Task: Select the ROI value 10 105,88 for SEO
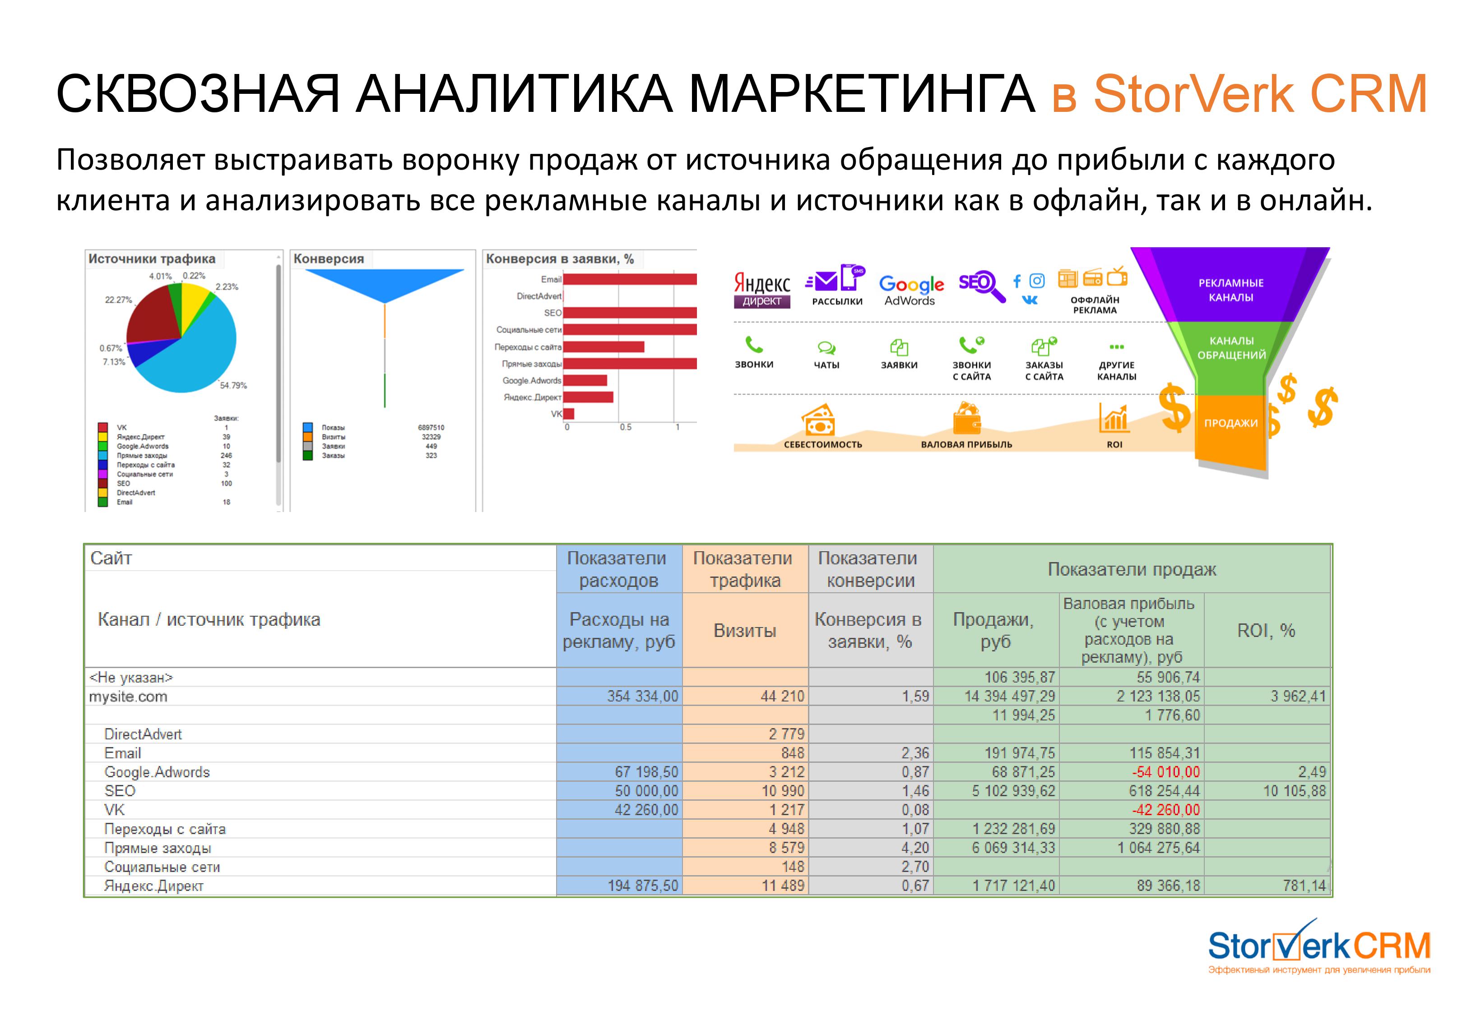(1294, 791)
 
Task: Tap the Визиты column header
(745, 630)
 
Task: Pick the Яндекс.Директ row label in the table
(154, 886)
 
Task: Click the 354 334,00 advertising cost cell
(642, 697)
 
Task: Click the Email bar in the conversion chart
(630, 279)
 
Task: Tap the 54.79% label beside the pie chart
(233, 385)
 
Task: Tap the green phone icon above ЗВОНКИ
(754, 345)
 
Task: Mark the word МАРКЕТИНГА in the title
(862, 94)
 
